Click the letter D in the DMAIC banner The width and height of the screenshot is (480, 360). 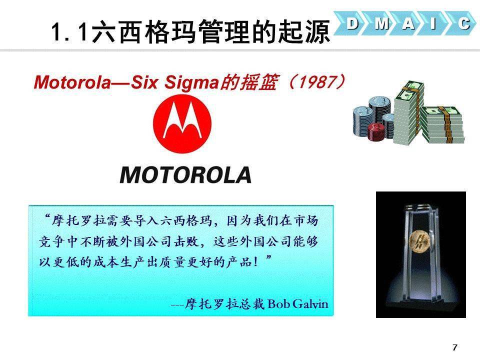point(352,23)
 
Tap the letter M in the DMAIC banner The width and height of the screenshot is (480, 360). point(381,23)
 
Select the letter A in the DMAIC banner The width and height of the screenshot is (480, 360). point(408,23)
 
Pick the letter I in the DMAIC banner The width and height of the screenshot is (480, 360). point(433,23)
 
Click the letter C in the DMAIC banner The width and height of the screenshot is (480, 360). point(464,23)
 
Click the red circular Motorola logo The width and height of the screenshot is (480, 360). point(182,123)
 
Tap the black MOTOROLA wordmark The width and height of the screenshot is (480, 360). point(186,175)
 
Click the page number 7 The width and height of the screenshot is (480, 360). point(454,347)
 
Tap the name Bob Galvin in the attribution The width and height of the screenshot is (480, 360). point(298,303)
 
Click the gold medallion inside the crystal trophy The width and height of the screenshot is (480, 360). point(420,241)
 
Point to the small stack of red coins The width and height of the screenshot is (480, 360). point(375,131)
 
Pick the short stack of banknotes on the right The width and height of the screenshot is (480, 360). point(442,124)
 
